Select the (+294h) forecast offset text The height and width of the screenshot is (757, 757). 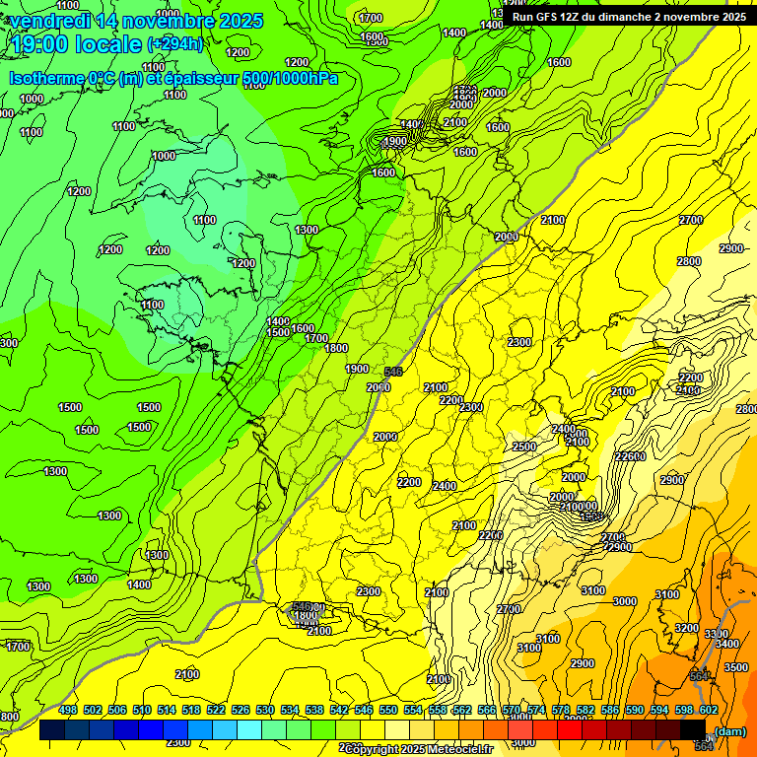pyautogui.click(x=174, y=44)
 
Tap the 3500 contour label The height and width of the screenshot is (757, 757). pyautogui.click(x=735, y=667)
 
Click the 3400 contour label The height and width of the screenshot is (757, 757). pyautogui.click(x=725, y=644)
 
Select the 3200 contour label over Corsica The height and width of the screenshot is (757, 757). pyautogui.click(x=686, y=628)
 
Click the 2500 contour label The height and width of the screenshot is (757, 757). pyautogui.click(x=523, y=447)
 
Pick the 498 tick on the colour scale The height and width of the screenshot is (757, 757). pyautogui.click(x=68, y=710)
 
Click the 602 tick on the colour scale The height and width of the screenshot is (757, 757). pyautogui.click(x=709, y=710)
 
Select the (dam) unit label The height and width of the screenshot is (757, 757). pyautogui.click(x=729, y=730)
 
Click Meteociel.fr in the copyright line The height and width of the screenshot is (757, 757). pyautogui.click(x=457, y=749)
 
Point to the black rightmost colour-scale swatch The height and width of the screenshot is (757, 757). pyautogui.click(x=693, y=729)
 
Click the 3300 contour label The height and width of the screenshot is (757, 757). pyautogui.click(x=717, y=634)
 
